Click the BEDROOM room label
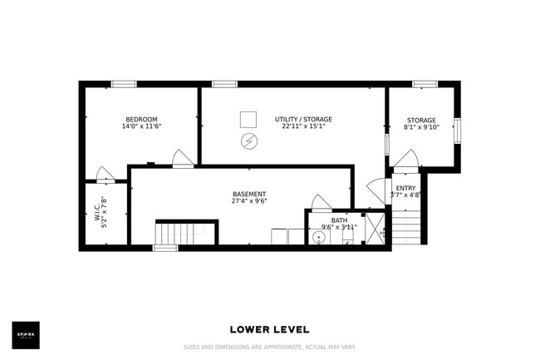click(x=141, y=120)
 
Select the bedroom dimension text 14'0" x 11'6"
click(x=141, y=127)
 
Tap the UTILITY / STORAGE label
click(x=303, y=120)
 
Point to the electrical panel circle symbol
click(x=248, y=141)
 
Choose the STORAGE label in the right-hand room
click(x=422, y=121)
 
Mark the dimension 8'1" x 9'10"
click(x=422, y=128)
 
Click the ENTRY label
click(x=406, y=189)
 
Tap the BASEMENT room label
click(x=249, y=194)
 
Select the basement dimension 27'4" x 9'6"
click(x=249, y=201)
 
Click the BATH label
click(x=339, y=220)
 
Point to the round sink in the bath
click(x=319, y=237)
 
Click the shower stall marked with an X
click(x=375, y=229)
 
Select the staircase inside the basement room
click(x=185, y=234)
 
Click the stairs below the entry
click(x=406, y=228)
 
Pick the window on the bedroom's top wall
click(x=124, y=84)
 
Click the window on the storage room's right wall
click(x=457, y=131)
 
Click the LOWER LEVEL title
click(x=269, y=330)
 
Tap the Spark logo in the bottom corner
click(x=25, y=335)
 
